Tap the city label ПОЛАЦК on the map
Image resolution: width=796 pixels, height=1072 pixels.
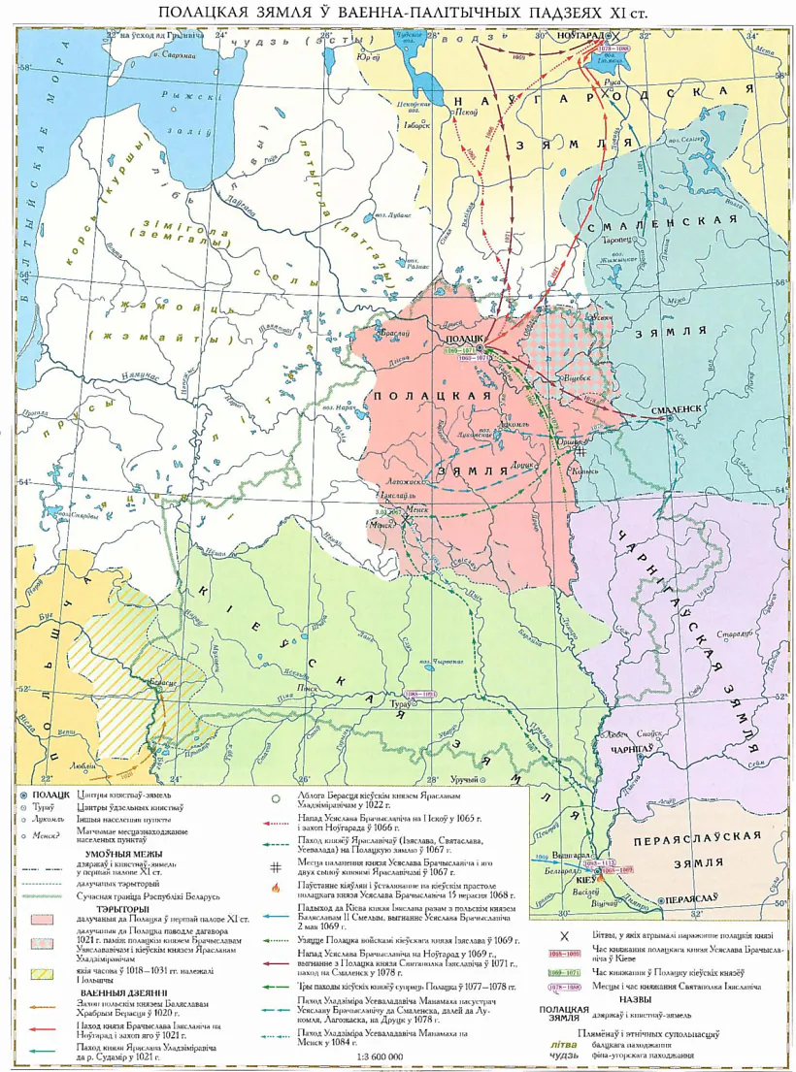462,338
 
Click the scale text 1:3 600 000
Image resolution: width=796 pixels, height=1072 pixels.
382,1056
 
